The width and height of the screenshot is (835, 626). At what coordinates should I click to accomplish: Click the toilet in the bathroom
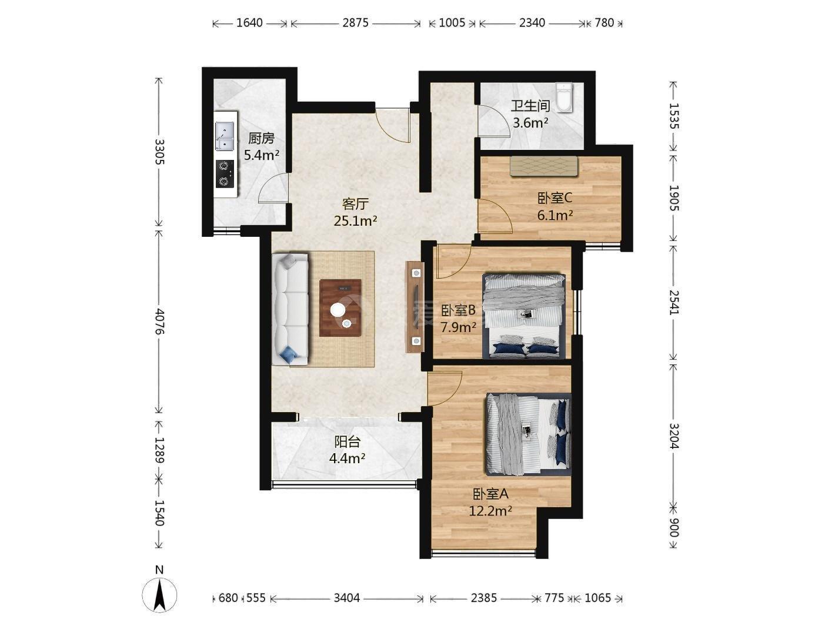tap(564, 98)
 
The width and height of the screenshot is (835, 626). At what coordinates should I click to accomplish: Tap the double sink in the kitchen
tap(225, 136)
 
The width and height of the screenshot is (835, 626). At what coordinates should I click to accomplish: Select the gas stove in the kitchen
tap(225, 174)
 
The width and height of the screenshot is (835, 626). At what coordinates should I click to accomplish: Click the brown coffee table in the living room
tap(340, 307)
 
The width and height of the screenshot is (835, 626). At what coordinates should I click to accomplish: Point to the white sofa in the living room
tap(290, 309)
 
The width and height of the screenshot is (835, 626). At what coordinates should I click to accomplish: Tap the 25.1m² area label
tap(355, 220)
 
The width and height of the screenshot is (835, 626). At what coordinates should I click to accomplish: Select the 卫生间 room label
tap(530, 106)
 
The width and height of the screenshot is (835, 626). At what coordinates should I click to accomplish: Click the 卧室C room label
tap(555, 198)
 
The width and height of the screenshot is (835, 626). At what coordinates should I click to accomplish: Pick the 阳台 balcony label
tap(347, 441)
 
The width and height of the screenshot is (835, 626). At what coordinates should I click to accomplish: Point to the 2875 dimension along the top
tap(355, 23)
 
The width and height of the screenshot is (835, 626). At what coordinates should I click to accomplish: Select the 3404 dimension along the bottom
tap(346, 598)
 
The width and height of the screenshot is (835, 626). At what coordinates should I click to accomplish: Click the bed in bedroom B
tap(523, 316)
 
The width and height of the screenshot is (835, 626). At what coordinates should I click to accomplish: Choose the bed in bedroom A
tap(529, 434)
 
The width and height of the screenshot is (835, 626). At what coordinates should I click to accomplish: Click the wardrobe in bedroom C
tap(545, 166)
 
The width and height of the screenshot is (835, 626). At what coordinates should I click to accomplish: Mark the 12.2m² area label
tap(490, 510)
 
